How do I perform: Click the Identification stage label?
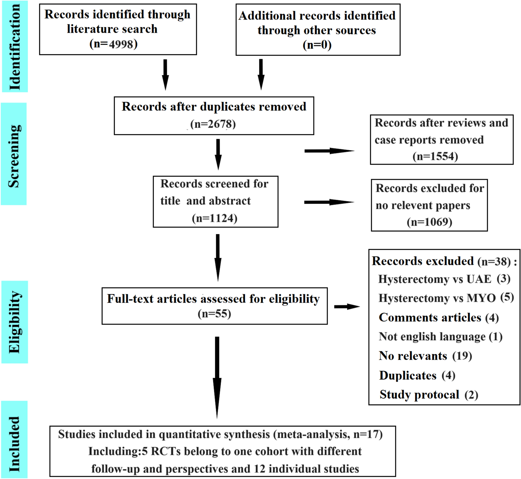[x=15, y=47]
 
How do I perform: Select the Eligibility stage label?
[x=15, y=322]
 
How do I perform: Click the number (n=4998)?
[x=113, y=44]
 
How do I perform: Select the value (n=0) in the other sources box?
[x=317, y=45]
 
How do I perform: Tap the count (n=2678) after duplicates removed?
[x=213, y=124]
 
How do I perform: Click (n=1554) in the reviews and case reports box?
[x=435, y=156]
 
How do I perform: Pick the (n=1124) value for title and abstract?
[x=214, y=218]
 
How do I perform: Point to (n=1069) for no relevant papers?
[x=429, y=222]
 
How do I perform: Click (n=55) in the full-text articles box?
[x=214, y=314]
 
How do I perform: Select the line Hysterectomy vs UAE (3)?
[x=444, y=279]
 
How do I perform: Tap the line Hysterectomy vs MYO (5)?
[x=446, y=298]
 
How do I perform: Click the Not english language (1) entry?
[x=440, y=337]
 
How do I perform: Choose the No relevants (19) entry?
[x=425, y=356]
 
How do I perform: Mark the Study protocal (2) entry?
[x=429, y=395]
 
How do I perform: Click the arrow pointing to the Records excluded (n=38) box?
[x=347, y=307]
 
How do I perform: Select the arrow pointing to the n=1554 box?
[x=329, y=151]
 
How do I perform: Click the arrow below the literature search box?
[x=165, y=75]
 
